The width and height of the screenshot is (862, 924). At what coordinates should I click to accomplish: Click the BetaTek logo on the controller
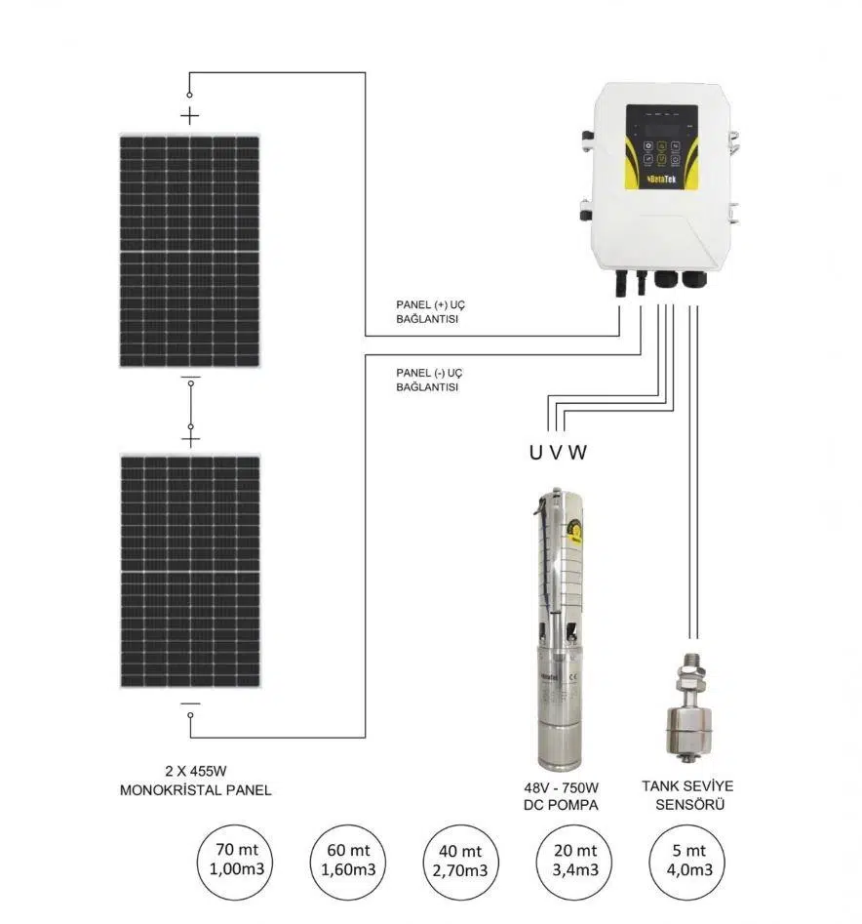(x=662, y=180)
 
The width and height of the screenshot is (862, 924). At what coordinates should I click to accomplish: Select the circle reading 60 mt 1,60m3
(x=347, y=863)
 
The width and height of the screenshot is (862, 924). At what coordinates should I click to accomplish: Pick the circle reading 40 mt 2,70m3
(x=460, y=863)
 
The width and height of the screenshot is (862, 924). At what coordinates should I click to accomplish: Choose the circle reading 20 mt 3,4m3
(x=574, y=863)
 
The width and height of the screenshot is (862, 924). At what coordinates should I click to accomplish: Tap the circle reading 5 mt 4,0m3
(x=687, y=863)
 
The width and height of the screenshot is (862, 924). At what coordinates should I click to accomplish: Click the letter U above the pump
(x=535, y=453)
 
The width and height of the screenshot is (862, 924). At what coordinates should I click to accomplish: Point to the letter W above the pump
(x=577, y=453)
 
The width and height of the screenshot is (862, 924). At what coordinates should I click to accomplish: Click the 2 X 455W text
(x=195, y=771)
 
